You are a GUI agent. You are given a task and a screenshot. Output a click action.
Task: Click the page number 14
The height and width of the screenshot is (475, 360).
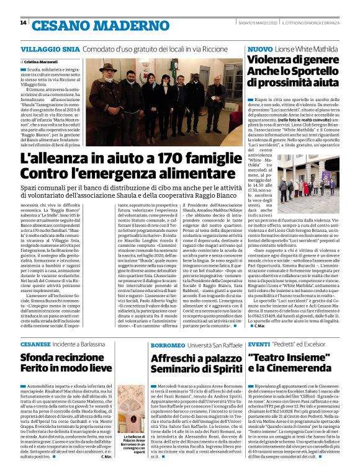pyautogui.click(x=24, y=23)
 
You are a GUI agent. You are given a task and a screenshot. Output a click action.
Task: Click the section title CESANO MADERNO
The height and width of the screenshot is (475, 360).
pyautogui.click(x=84, y=24)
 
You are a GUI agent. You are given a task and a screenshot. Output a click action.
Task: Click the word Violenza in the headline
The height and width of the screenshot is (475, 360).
pyautogui.click(x=272, y=60)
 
